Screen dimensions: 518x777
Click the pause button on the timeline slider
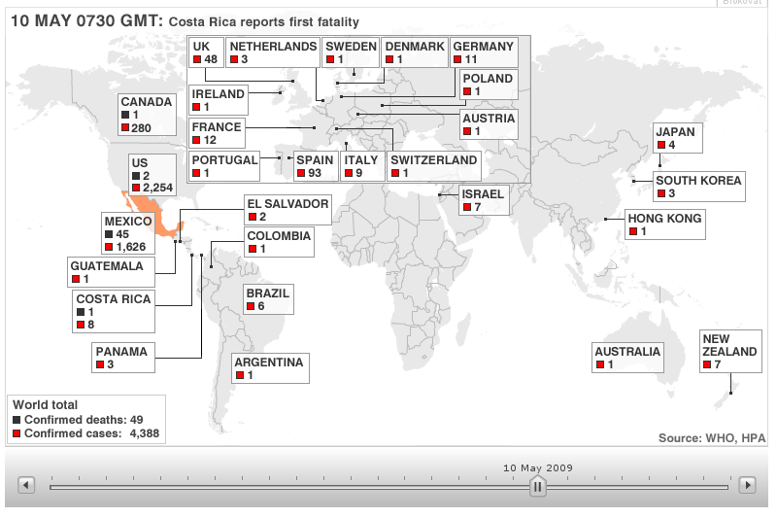coord(537,486)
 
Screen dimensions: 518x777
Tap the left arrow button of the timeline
coord(26,485)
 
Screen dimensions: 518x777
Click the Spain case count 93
coord(315,173)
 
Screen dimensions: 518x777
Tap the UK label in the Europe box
coord(202,46)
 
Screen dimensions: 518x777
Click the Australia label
coord(627,352)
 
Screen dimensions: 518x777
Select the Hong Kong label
coord(664,219)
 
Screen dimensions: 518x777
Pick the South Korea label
coord(698,180)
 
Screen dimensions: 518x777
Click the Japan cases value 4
coord(672,145)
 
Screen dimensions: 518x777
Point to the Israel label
coord(483,193)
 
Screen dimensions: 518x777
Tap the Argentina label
coord(268,363)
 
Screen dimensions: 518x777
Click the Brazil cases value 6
coord(260,306)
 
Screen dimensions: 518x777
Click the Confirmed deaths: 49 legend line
coord(78,420)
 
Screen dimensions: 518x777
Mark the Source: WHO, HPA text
coord(712,437)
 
